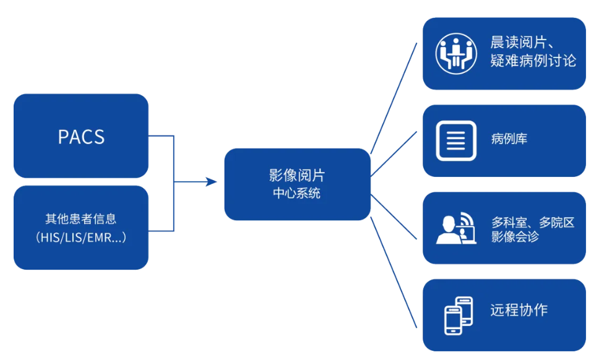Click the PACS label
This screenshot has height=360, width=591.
81,137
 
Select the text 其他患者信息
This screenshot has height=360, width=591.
81,219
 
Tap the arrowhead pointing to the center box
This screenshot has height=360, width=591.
212,182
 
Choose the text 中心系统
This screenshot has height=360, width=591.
297,193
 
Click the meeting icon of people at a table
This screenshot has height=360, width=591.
455,54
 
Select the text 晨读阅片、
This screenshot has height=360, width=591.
525,43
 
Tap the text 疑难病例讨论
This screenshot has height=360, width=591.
533,61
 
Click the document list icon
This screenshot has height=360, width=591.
455,140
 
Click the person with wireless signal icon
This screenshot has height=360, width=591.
455,228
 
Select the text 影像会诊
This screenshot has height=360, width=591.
514,237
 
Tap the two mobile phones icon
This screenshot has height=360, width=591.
459,315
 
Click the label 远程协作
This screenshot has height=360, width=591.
519,310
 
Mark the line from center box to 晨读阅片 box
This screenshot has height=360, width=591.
394,99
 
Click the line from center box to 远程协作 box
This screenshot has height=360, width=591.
394,272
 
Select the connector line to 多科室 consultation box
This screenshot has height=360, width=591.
394,218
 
